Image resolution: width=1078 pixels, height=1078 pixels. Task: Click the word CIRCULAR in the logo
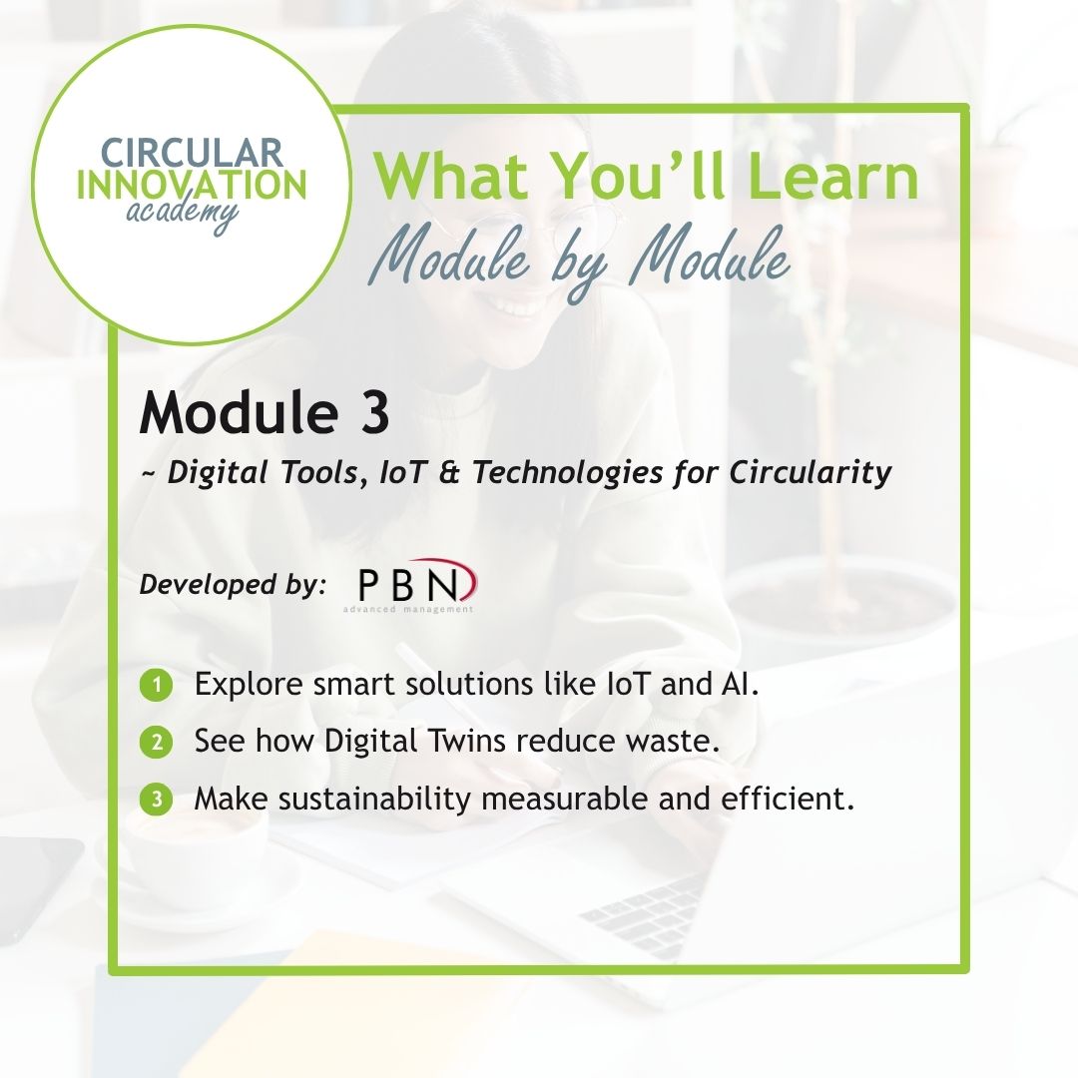193,152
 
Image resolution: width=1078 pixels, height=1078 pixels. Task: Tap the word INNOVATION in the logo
192,185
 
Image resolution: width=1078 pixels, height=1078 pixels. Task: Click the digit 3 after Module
374,412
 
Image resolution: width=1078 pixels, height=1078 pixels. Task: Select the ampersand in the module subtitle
448,473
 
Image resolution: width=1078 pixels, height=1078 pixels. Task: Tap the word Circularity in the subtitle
810,474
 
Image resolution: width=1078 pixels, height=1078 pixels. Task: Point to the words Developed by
233,584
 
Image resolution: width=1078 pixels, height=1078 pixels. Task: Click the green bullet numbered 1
156,686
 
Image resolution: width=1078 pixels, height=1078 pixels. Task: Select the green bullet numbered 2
156,743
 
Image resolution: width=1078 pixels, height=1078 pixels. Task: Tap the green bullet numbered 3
156,800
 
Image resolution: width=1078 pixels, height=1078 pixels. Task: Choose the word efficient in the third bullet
788,799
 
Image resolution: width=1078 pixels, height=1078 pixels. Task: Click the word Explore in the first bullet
249,686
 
